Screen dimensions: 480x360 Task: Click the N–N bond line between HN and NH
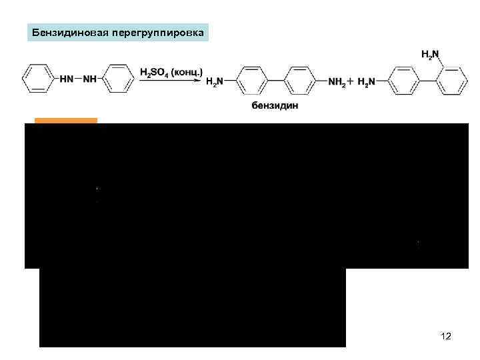coord(84,80)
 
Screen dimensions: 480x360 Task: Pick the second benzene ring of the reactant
coord(120,79)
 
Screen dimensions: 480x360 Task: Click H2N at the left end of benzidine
coord(215,81)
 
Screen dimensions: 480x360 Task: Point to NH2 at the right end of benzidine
coord(339,81)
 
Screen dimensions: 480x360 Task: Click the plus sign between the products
coord(353,81)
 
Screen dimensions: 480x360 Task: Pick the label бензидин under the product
coord(271,106)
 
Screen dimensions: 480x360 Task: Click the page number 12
coord(446,336)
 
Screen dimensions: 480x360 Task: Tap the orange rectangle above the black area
coord(65,121)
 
